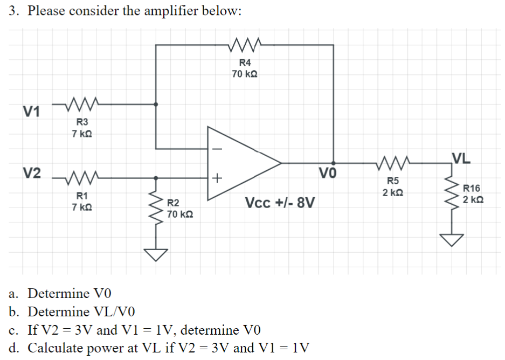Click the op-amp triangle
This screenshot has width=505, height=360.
(x=243, y=162)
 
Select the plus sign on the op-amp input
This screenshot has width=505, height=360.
(x=217, y=177)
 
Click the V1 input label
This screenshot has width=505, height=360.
(x=31, y=112)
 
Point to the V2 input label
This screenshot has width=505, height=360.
(x=31, y=173)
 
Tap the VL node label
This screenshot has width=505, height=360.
(x=462, y=158)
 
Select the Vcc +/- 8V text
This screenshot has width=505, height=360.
(x=280, y=204)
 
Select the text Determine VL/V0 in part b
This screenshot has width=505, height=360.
(x=81, y=312)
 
